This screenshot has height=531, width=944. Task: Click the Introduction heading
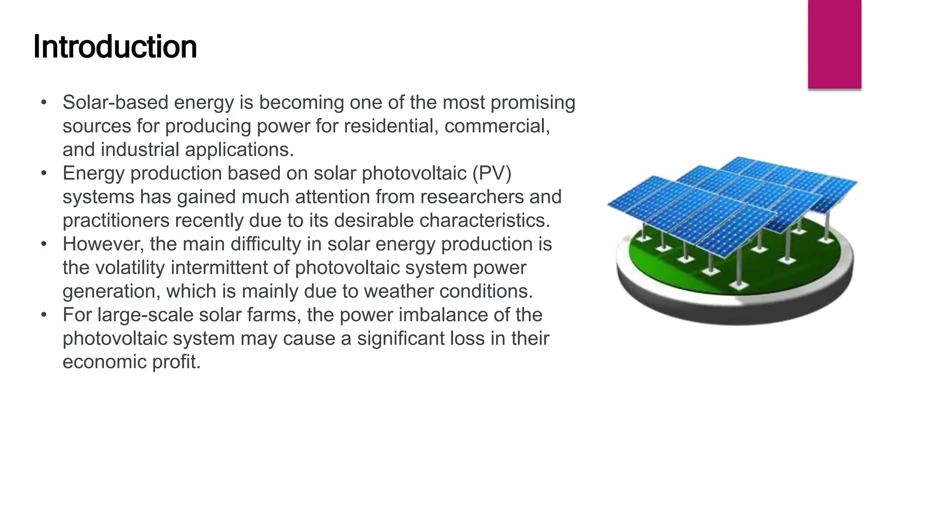click(115, 47)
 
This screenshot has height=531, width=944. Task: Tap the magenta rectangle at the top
click(834, 44)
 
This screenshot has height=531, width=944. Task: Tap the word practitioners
click(116, 220)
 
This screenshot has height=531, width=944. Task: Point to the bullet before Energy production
click(44, 173)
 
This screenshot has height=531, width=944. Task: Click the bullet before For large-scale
click(44, 315)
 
